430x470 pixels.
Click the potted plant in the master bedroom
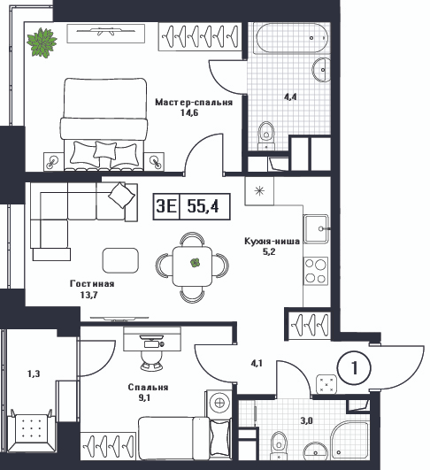coord(42,42)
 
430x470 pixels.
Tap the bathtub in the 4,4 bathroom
coord(290,38)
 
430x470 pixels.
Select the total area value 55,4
coord(203,206)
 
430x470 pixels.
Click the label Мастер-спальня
coord(194,103)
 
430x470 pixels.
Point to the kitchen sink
coord(316,228)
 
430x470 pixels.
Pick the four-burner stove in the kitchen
coord(316,271)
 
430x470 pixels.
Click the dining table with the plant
coord(192,266)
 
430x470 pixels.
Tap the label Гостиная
coord(92,283)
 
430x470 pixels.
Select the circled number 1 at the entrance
coord(354,367)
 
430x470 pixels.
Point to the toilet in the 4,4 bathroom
coord(266,135)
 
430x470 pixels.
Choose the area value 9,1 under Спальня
coord(144,397)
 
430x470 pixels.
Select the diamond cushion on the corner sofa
coord(121,195)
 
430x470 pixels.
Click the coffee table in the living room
coord(120,260)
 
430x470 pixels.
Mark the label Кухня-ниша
coord(272,242)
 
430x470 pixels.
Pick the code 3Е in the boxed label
coord(166,206)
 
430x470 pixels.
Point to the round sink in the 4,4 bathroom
coord(321,70)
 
